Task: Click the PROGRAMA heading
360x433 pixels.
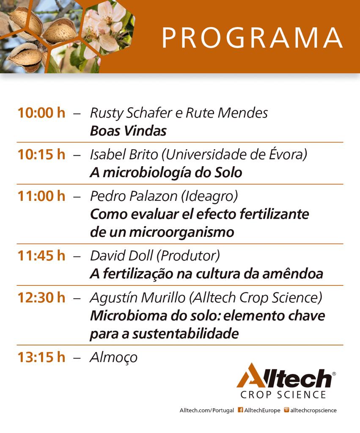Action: tap(252, 38)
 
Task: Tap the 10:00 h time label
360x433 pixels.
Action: tap(41, 113)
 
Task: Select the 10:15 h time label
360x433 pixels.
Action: tap(41, 154)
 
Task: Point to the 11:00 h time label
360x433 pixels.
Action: tap(41, 196)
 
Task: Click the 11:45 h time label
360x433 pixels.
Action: tap(41, 256)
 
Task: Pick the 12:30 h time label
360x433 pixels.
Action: tap(41, 298)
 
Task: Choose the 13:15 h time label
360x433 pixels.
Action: tap(41, 357)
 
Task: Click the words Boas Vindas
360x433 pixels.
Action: tap(129, 131)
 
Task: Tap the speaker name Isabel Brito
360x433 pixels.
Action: tap(124, 154)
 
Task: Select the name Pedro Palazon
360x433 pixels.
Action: tap(134, 196)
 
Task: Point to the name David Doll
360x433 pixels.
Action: tap(121, 256)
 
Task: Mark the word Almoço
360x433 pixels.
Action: tap(114, 358)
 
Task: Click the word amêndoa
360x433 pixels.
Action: tap(293, 274)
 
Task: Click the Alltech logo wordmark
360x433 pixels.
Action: tap(285, 375)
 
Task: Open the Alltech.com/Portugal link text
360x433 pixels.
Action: tap(207, 410)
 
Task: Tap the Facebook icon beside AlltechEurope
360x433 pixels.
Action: tap(240, 410)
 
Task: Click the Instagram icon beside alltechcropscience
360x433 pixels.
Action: tap(286, 410)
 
